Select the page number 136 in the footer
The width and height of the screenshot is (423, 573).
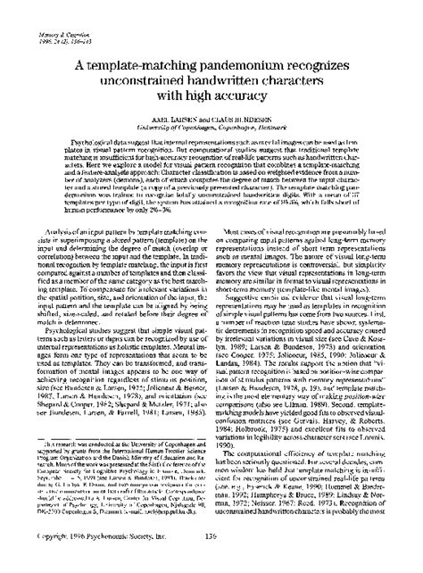pyautogui.click(x=212, y=559)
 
